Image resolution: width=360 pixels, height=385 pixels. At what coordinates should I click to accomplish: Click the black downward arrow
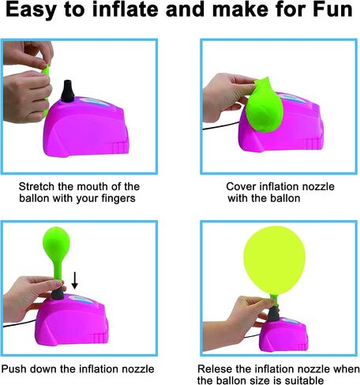click(75, 280)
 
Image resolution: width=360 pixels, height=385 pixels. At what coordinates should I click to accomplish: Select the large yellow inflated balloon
click(274, 261)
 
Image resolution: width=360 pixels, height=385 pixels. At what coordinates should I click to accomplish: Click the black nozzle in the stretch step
click(68, 91)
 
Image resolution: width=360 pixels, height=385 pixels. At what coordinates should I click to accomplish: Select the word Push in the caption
click(14, 368)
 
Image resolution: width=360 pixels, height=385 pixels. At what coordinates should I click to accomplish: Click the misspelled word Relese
click(215, 368)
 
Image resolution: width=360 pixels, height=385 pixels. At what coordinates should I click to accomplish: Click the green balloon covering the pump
click(264, 105)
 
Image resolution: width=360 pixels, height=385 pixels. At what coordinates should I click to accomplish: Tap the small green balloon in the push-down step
click(57, 251)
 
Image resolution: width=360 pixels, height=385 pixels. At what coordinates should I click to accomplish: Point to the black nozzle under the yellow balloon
click(274, 313)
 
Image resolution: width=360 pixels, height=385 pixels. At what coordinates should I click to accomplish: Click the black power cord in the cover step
click(221, 125)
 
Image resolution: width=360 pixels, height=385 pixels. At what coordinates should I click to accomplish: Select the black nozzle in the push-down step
click(58, 293)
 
